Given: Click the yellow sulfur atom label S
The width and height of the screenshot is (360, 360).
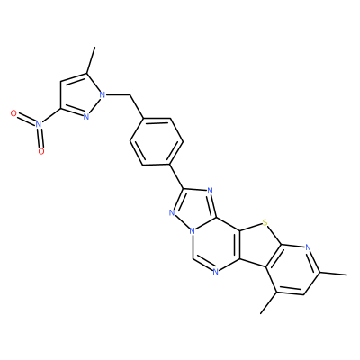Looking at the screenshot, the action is click(265, 223).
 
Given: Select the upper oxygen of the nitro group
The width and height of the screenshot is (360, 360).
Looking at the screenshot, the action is click(13, 113).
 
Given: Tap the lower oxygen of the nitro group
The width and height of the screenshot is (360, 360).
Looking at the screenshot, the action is click(41, 151).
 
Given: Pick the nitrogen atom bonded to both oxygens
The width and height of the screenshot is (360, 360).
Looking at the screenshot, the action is click(38, 123).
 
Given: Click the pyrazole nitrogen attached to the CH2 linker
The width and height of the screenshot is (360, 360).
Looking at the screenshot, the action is click(103, 95).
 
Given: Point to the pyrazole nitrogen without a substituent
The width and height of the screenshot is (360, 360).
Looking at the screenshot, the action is click(86, 117).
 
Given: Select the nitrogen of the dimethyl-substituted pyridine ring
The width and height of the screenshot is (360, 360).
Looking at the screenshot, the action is click(308, 247).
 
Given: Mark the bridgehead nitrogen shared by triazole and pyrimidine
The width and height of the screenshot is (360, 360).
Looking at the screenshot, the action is click(193, 232).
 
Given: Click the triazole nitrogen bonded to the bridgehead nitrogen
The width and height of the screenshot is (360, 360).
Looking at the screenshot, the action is click(172, 213).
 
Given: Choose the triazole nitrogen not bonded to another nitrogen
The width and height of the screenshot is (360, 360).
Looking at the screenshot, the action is click(210, 191).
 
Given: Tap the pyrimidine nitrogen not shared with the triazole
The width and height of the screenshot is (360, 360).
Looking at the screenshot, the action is click(215, 272).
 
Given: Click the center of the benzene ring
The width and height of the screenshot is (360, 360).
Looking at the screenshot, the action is click(157, 141).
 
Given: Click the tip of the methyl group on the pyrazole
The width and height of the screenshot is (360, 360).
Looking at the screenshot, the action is click(94, 47).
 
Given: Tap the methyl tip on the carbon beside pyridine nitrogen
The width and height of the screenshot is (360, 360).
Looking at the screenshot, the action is click(347, 274).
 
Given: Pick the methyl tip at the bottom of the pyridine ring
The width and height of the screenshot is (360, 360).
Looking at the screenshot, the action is click(261, 314).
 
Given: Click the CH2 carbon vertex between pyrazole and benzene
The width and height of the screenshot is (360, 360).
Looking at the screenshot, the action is click(130, 95).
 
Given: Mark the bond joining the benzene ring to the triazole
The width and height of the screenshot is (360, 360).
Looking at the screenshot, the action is click(177, 176).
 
